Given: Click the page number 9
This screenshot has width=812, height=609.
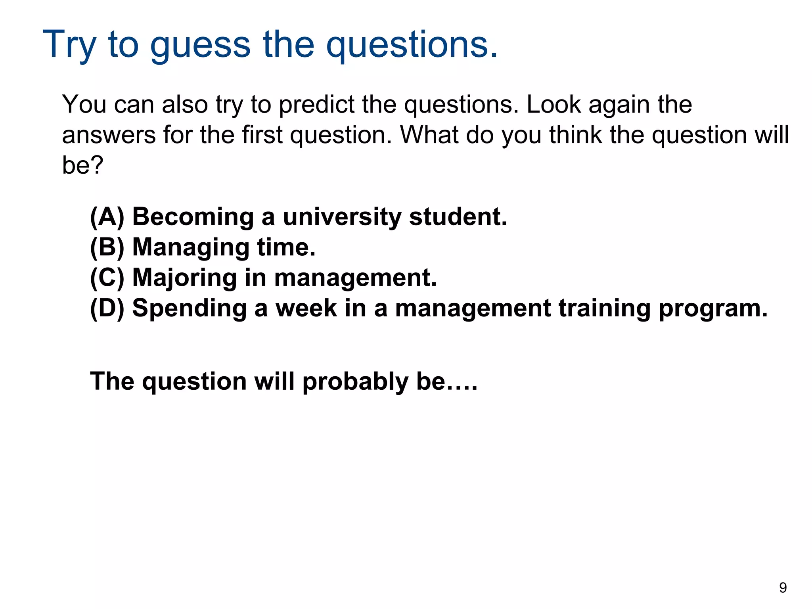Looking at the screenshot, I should (783, 588).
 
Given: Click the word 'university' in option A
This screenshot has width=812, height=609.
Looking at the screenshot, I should (342, 218).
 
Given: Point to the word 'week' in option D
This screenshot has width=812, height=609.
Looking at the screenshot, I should (306, 308).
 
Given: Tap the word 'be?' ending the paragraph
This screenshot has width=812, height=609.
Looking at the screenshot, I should (82, 165).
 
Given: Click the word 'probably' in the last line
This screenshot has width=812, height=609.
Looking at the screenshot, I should (355, 382).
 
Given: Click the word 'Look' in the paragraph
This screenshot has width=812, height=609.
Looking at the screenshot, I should (553, 104).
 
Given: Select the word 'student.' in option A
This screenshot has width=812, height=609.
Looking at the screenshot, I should (458, 217).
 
